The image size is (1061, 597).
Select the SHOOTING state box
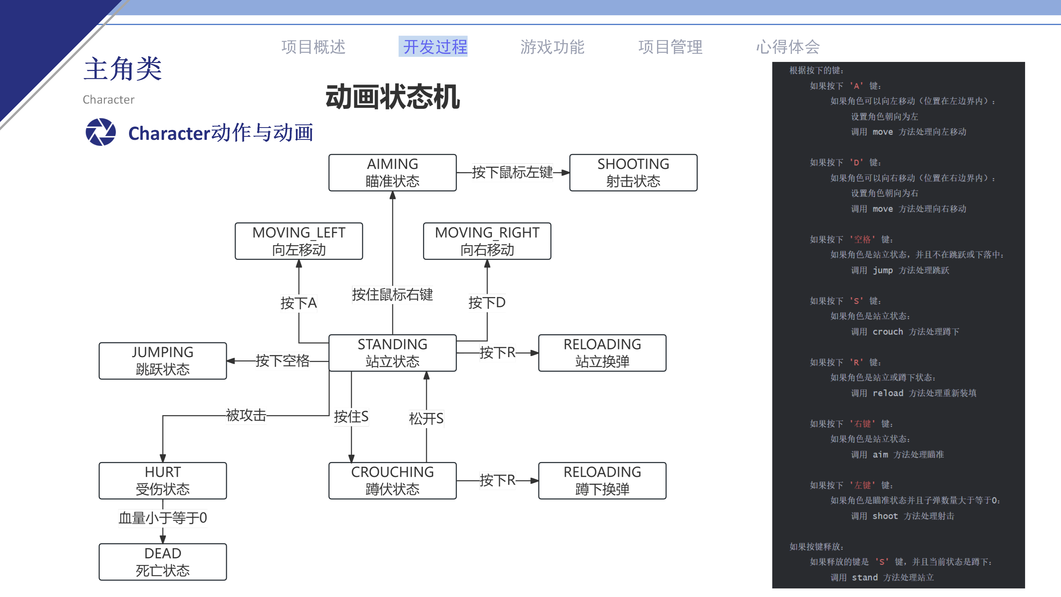pos(633,173)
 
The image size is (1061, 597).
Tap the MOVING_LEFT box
pos(299,241)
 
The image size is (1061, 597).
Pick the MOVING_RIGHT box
pos(487,241)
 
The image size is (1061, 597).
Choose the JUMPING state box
pos(163,360)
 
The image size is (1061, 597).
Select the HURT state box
pos(163,480)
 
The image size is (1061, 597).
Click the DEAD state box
pos(163,562)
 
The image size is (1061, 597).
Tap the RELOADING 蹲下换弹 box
pos(602,480)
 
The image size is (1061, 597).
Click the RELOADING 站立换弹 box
pos(602,353)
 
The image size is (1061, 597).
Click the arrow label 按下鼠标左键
pos(512,172)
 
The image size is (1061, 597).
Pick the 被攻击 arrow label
pos(246,415)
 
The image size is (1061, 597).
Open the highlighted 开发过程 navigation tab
pos(435,46)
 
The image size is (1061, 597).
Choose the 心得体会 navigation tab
pos(787,46)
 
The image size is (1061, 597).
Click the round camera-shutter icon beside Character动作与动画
pos(101,132)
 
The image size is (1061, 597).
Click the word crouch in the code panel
pos(887,332)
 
